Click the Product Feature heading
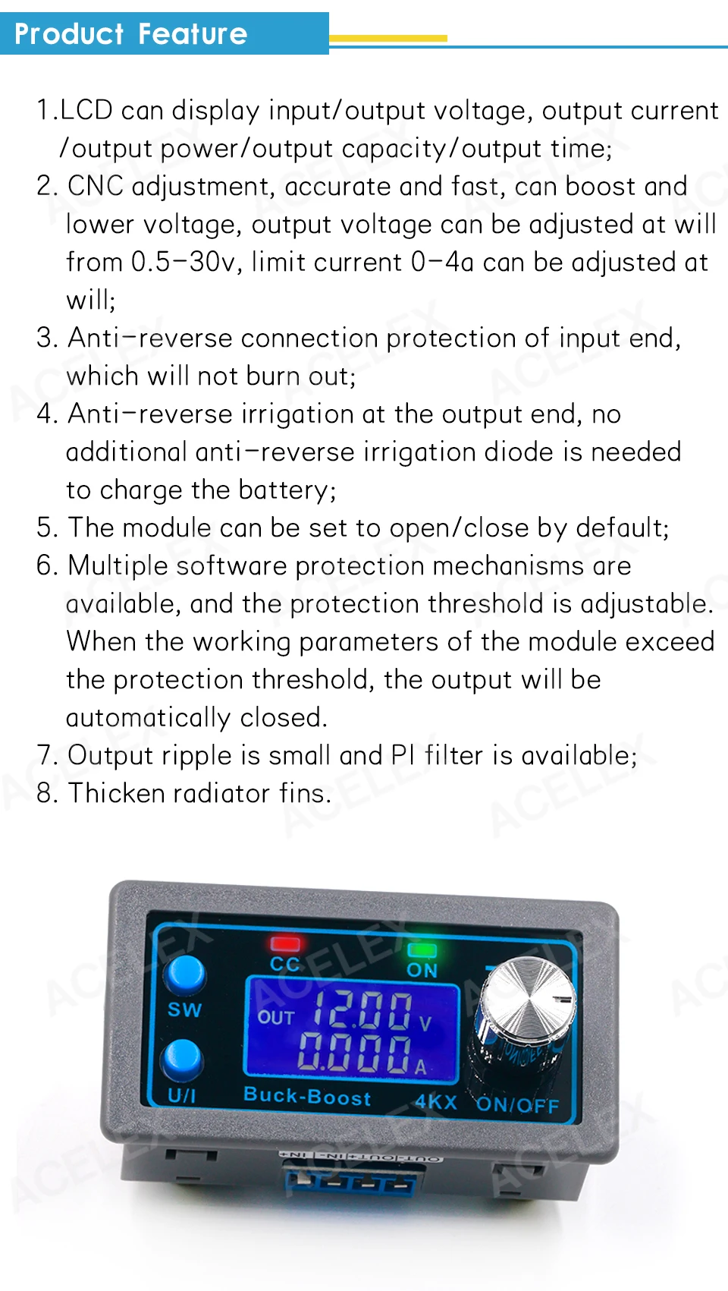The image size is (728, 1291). tap(131, 34)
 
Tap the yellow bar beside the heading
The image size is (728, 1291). tap(388, 37)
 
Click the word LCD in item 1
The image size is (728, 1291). tap(86, 111)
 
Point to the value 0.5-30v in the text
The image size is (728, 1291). tap(183, 263)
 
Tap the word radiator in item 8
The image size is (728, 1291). tap(221, 794)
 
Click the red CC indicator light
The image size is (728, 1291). tap(285, 943)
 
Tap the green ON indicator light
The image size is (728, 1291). tap(422, 949)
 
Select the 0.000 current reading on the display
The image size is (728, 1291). tap(354, 1052)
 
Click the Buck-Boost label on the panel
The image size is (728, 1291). tap(307, 1095)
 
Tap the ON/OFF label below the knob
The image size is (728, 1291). tap(517, 1104)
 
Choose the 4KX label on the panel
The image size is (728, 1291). tap(435, 1102)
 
